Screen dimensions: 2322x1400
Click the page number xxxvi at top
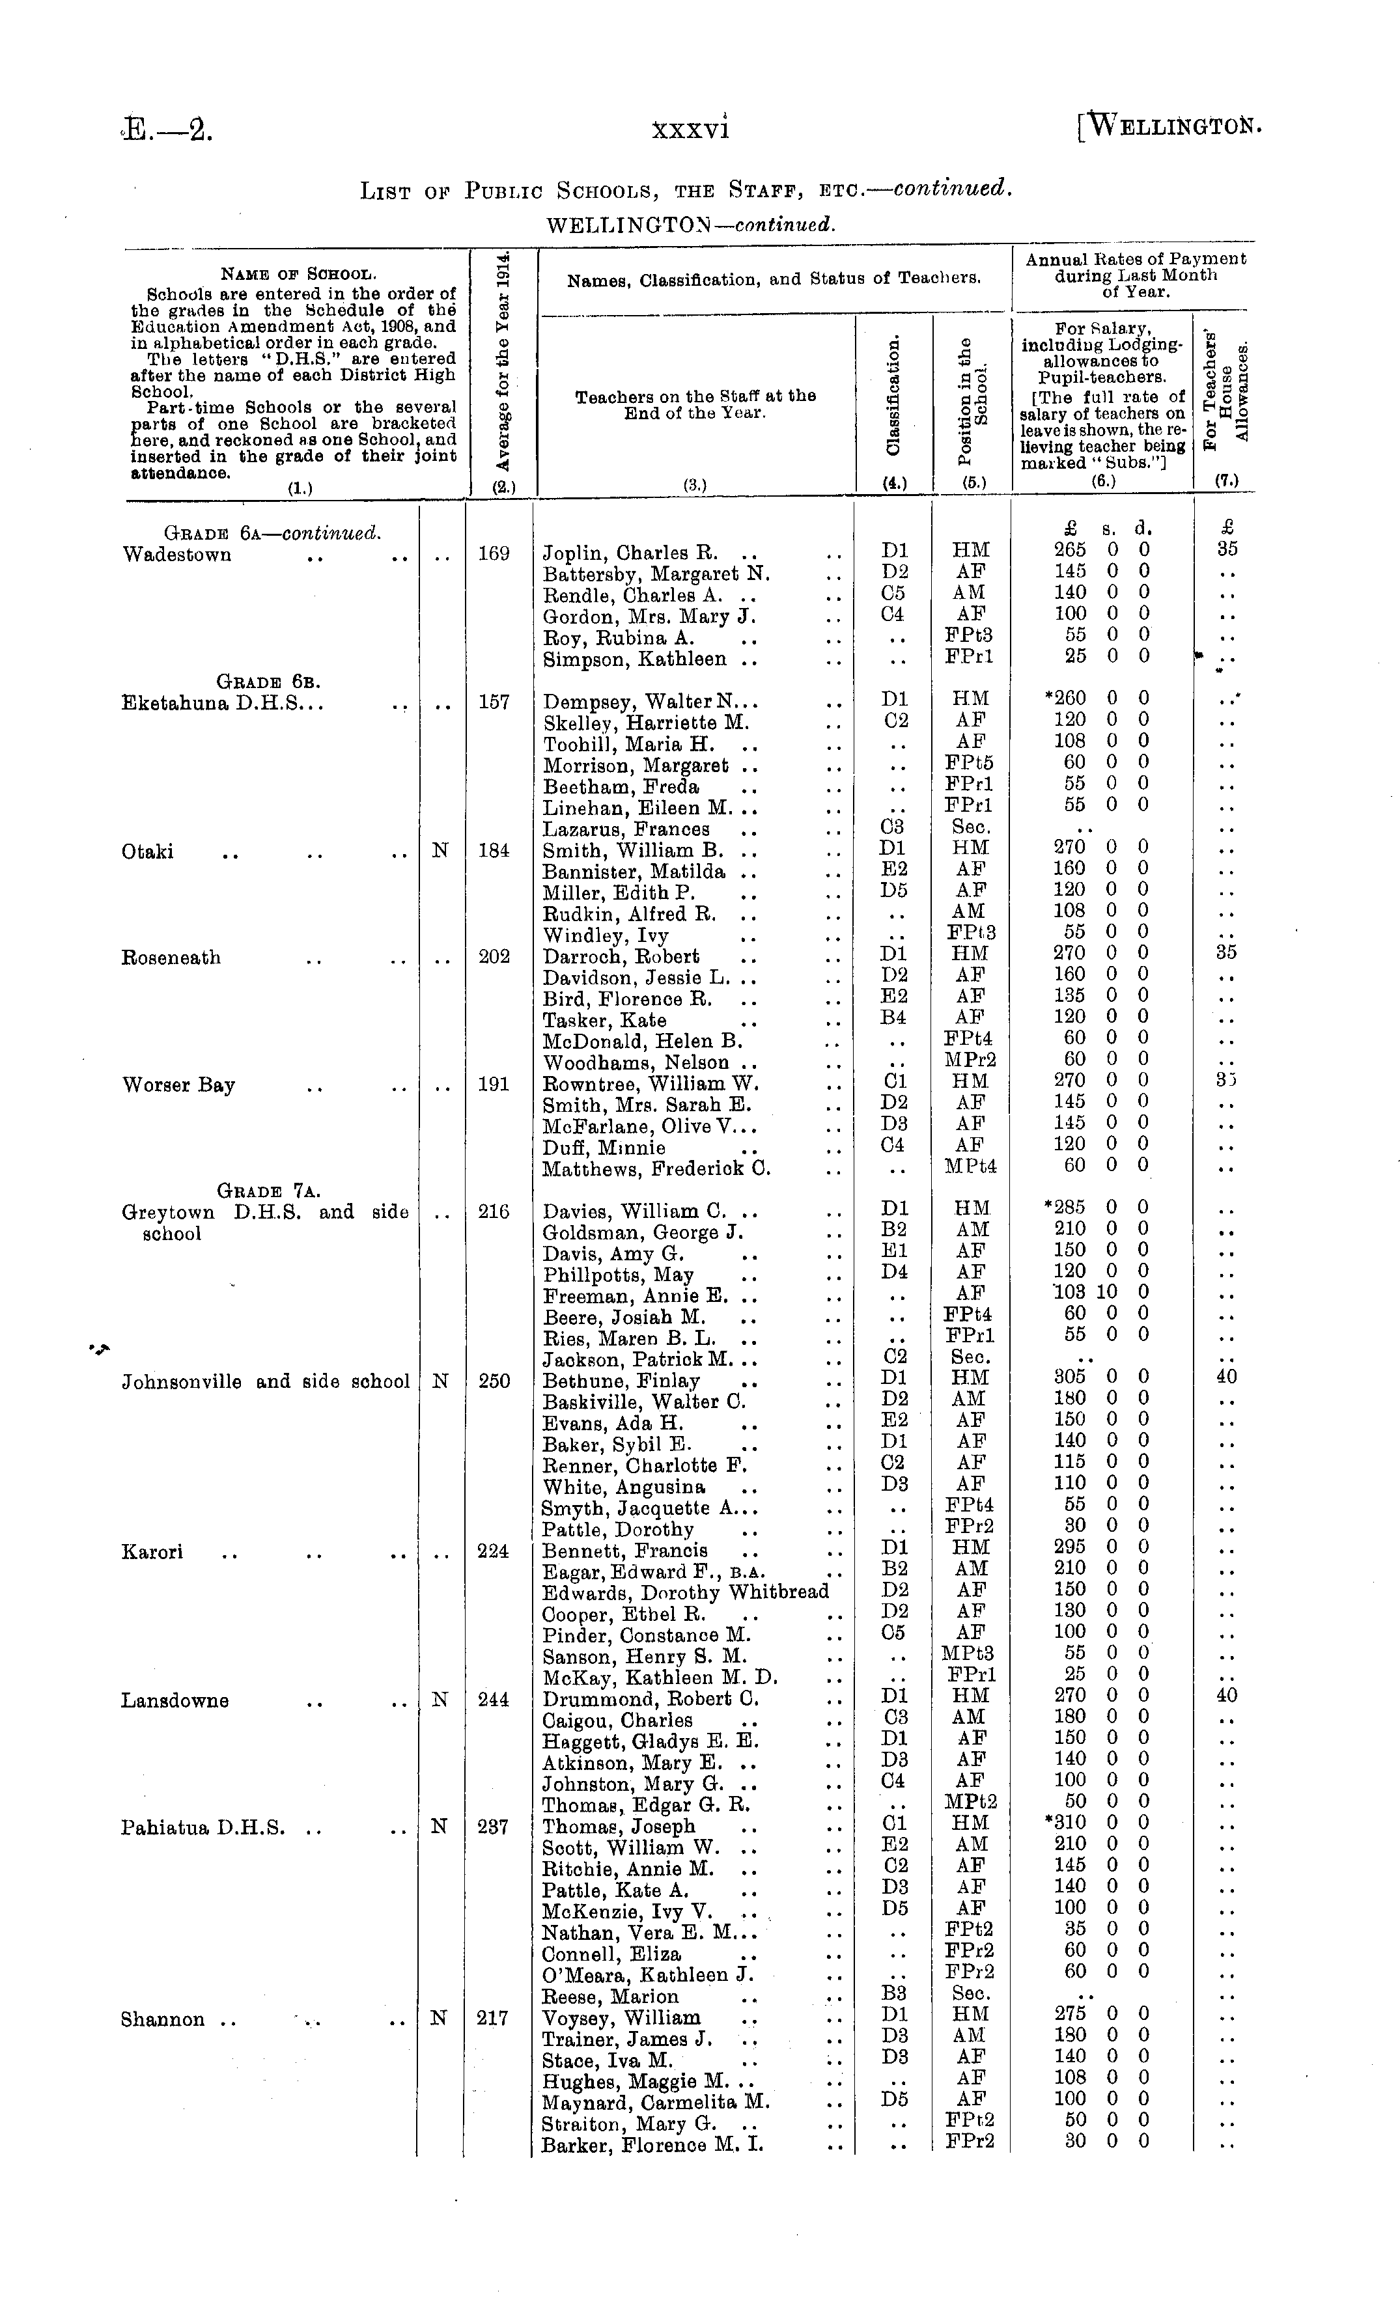[x=690, y=127]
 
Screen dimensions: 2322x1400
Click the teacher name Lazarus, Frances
[x=626, y=829]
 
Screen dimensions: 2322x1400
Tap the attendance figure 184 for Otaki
[x=494, y=851]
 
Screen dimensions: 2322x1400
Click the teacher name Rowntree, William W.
[x=651, y=1085]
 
